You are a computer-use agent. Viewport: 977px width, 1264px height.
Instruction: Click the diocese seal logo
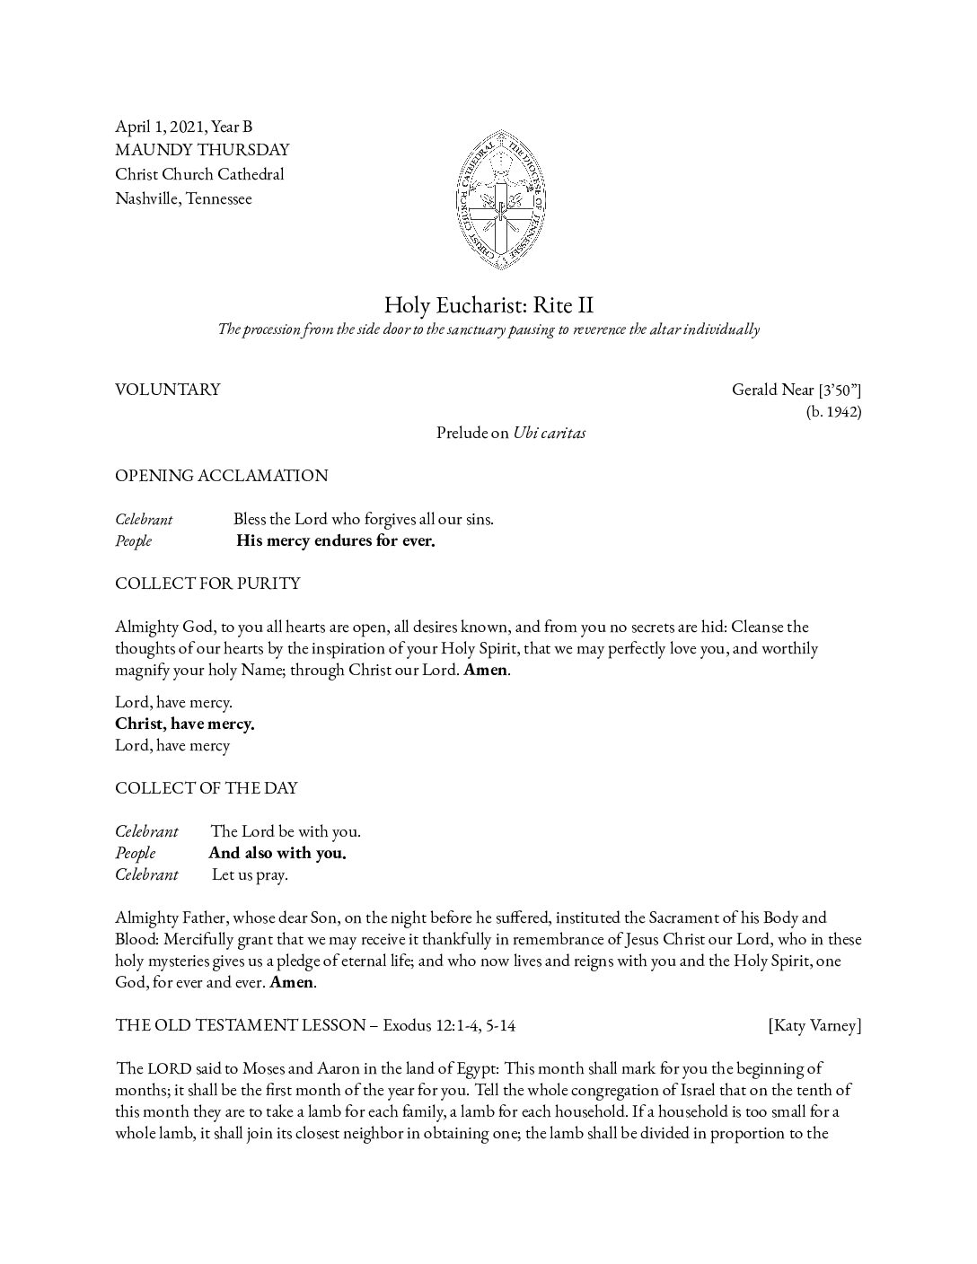pyautogui.click(x=502, y=200)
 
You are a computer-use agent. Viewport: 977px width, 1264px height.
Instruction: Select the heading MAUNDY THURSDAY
pyautogui.click(x=202, y=150)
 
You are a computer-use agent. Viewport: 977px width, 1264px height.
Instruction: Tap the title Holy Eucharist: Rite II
pyautogui.click(x=488, y=304)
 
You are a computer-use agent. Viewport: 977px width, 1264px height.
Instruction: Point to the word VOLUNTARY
pyautogui.click(x=168, y=390)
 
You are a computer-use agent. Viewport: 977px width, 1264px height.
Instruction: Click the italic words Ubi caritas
pyautogui.click(x=550, y=433)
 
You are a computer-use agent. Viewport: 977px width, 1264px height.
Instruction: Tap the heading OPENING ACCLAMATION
pyautogui.click(x=221, y=476)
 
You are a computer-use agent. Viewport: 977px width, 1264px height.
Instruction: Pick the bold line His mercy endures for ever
pyautogui.click(x=336, y=540)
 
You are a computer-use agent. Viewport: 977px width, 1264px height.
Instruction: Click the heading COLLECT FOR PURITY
pyautogui.click(x=207, y=584)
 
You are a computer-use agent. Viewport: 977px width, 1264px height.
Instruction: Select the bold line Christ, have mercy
pyautogui.click(x=185, y=724)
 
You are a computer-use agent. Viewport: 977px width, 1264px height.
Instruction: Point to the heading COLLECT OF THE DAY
pyautogui.click(x=207, y=788)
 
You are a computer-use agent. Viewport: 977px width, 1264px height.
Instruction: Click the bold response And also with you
pyautogui.click(x=277, y=853)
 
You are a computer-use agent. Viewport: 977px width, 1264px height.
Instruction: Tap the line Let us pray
pyautogui.click(x=250, y=874)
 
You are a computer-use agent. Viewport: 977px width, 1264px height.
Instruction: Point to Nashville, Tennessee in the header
pyautogui.click(x=183, y=198)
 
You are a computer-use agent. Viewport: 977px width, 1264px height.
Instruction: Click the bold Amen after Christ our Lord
pyautogui.click(x=485, y=670)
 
